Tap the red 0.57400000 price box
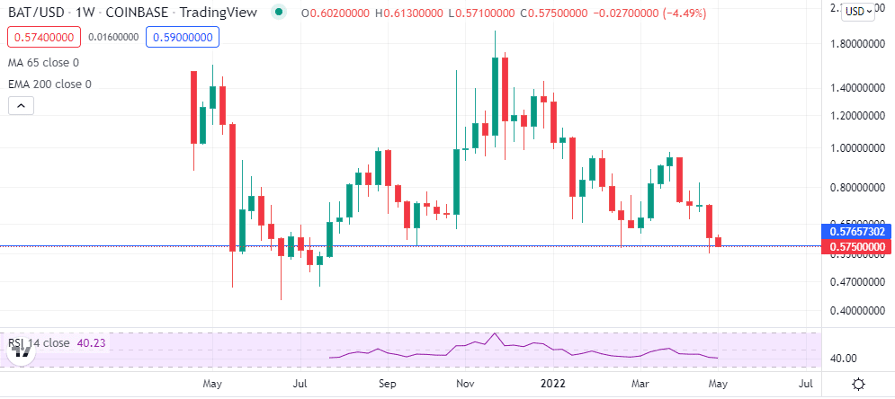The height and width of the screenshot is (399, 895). [42, 38]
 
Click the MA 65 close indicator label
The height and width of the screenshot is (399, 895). [42, 62]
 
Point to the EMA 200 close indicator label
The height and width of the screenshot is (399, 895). [49, 84]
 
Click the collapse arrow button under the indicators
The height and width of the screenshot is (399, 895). [21, 106]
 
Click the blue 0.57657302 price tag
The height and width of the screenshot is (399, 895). [857, 232]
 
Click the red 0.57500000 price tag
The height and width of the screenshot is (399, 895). [857, 246]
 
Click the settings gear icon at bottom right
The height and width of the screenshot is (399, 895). [858, 385]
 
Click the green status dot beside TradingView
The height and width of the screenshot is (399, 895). [279, 11]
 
